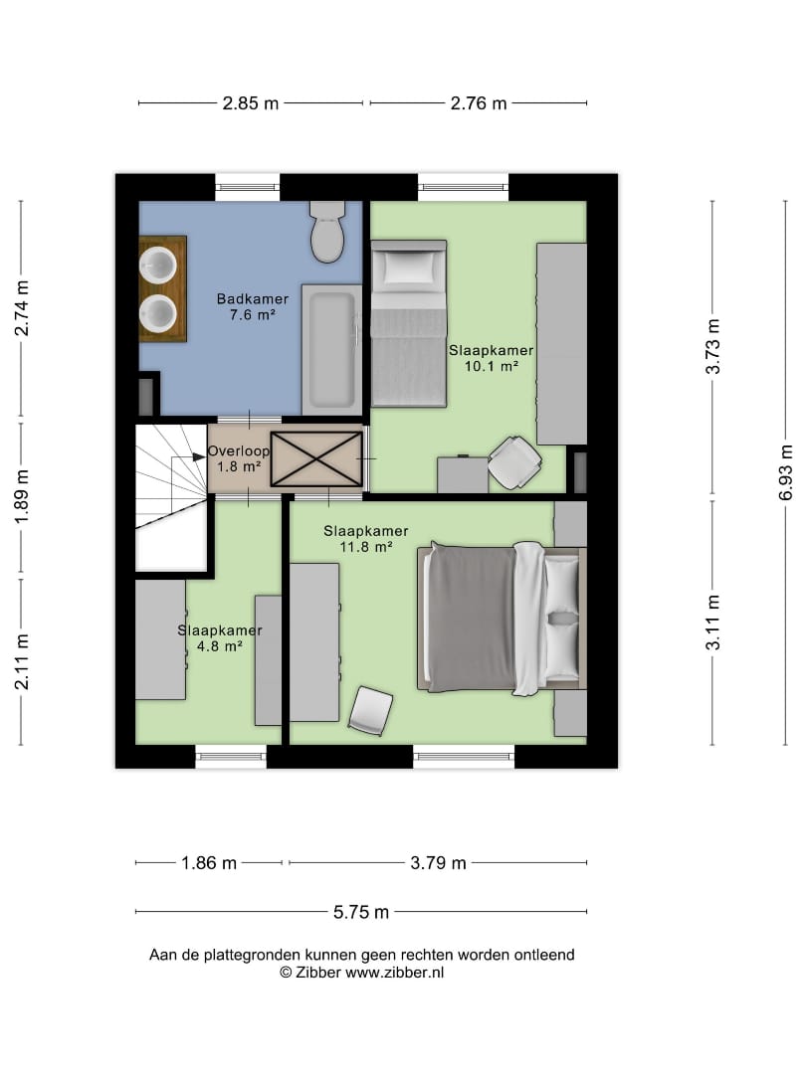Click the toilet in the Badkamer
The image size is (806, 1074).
327,232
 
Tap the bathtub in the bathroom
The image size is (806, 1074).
331,350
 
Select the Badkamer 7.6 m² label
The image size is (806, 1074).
252,307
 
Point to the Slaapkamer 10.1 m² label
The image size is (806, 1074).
491,358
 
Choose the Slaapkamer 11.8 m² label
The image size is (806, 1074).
366,538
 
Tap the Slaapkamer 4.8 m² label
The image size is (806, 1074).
220,637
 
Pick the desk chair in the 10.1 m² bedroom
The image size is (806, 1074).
514,462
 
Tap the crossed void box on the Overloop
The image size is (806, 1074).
316,458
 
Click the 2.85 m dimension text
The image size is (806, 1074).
251,103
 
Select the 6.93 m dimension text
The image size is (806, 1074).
786,472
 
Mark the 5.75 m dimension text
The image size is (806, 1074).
361,912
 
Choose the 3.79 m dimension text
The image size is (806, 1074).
439,863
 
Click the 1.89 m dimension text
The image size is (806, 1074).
22,497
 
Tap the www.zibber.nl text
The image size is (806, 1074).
394,973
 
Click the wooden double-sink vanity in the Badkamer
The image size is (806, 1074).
163,288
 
